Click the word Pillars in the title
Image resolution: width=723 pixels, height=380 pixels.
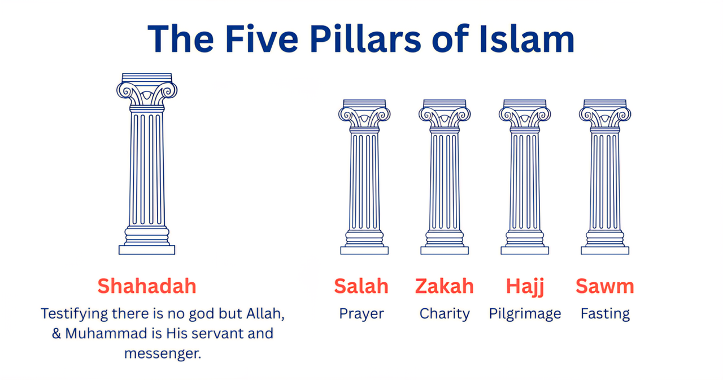[365, 39]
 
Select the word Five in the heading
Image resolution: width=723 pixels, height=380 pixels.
[262, 39]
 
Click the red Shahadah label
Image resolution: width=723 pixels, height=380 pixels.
[147, 286]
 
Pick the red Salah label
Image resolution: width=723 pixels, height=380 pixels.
[361, 286]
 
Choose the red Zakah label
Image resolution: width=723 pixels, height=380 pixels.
[444, 286]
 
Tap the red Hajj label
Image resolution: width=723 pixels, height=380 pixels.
[525, 287]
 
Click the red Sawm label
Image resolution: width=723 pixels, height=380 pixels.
[605, 286]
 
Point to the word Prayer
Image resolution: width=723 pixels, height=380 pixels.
[361, 314]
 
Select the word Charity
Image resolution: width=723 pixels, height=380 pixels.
[445, 314]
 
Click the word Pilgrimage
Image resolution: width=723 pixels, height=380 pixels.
[525, 314]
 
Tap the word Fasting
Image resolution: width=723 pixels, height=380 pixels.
[605, 314]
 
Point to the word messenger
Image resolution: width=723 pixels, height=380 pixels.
[163, 354]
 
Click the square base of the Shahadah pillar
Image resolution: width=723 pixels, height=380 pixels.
[147, 250]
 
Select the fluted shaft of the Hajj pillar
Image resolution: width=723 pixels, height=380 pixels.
[525, 181]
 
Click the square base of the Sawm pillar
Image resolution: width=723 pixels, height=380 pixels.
[605, 251]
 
